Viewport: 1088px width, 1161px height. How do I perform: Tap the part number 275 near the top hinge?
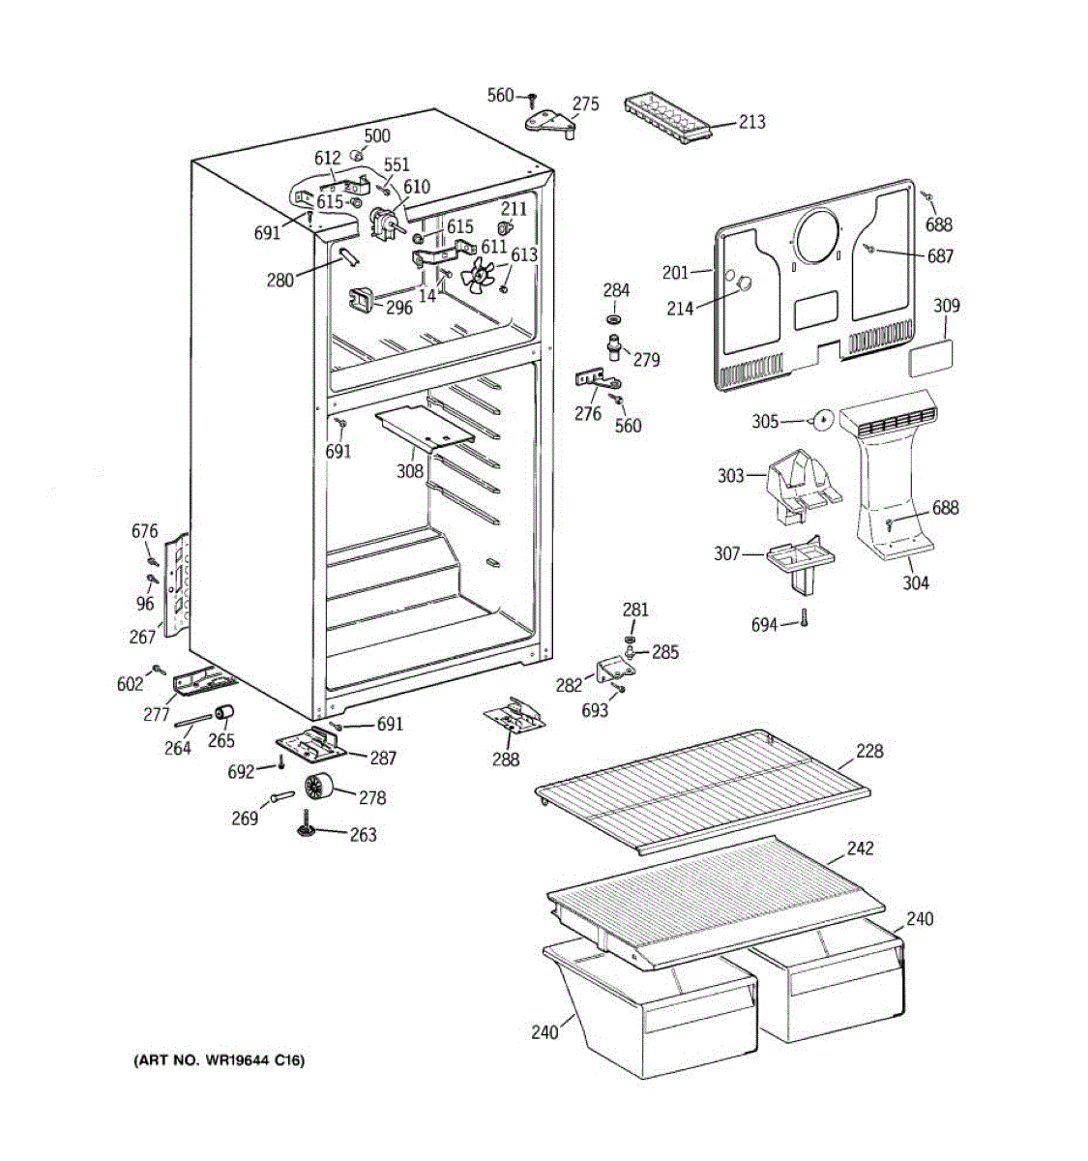(x=585, y=104)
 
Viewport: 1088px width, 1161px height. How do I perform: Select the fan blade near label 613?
(x=478, y=275)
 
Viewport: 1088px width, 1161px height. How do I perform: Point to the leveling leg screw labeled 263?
(x=307, y=822)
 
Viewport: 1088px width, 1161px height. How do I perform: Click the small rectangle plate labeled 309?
(x=929, y=358)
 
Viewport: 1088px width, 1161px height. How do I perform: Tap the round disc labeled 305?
(x=823, y=421)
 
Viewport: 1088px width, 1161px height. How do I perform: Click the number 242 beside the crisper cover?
(x=860, y=848)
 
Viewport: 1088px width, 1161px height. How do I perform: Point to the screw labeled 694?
(x=804, y=618)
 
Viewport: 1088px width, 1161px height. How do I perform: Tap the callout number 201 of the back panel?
(x=675, y=273)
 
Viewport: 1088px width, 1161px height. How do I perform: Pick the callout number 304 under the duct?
(x=915, y=582)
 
